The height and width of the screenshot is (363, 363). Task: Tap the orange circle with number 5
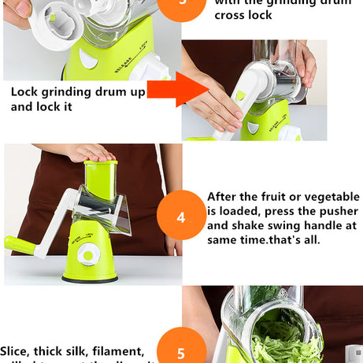click(x=180, y=350)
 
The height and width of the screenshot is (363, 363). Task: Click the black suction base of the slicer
click(x=90, y=278)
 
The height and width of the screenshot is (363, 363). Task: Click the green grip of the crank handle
click(x=17, y=245)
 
